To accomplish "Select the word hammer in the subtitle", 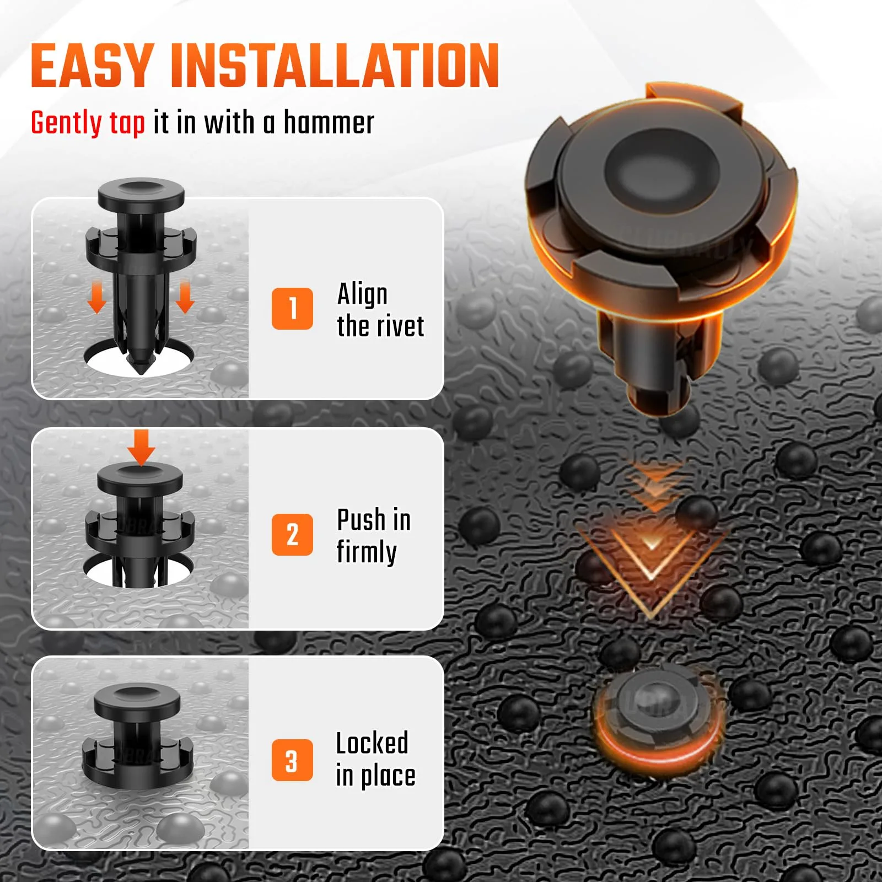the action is [x=329, y=122].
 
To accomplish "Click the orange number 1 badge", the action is [x=292, y=309].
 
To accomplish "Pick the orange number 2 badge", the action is [x=292, y=535].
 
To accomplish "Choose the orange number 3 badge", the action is [x=292, y=760].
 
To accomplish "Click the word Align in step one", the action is [x=362, y=294].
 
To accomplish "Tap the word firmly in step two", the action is [x=367, y=552].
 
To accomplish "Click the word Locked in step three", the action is [x=372, y=743].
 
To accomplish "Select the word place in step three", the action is [x=388, y=776].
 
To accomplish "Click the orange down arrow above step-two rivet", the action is [x=141, y=448].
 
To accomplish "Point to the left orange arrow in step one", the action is [x=97, y=297].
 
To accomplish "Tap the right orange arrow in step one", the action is [x=185, y=297].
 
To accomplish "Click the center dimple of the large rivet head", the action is [x=661, y=165].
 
